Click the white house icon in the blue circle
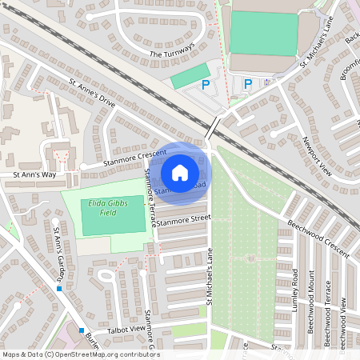[180, 172]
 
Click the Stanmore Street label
[183, 218]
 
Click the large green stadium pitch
[263, 33]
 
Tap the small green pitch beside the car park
[190, 77]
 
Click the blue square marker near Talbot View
[82, 330]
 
